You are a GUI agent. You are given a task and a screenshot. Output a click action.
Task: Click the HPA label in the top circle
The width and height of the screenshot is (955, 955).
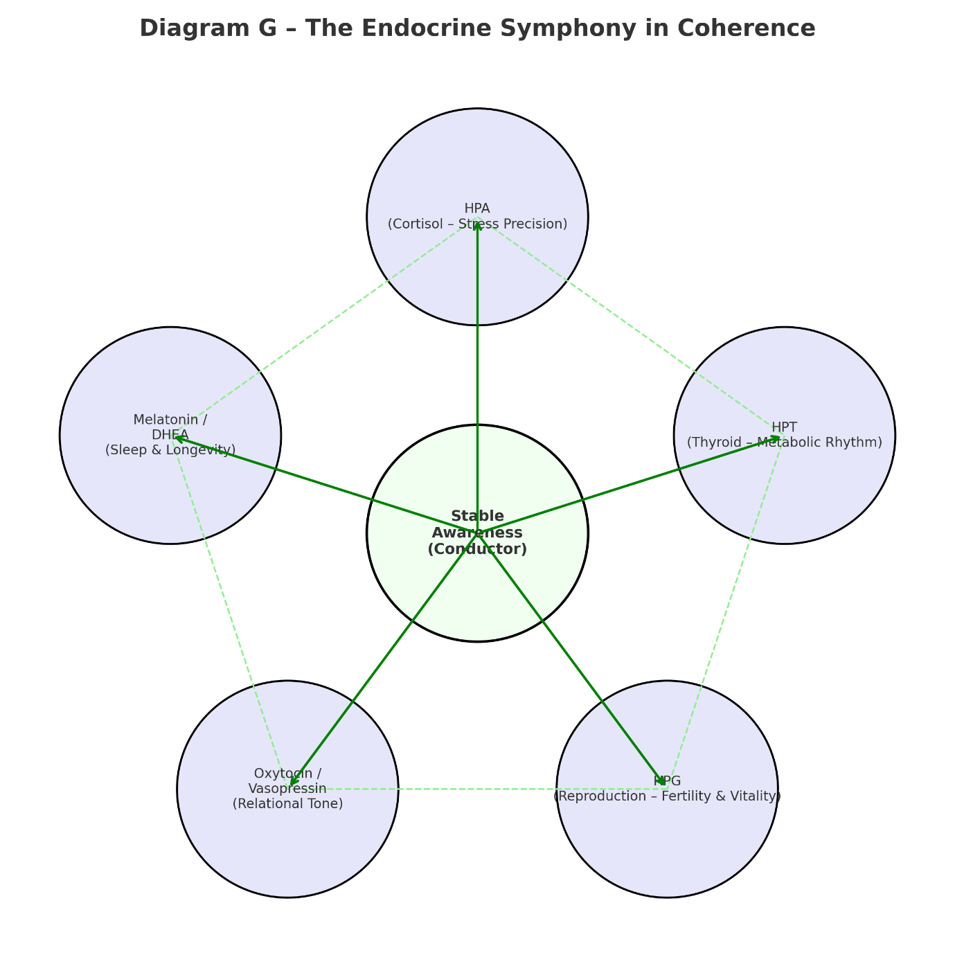point(477,208)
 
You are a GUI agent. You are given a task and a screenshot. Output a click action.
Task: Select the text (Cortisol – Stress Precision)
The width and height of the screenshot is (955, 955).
point(477,224)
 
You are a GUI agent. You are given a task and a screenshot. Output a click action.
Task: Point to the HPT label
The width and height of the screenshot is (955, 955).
point(784,427)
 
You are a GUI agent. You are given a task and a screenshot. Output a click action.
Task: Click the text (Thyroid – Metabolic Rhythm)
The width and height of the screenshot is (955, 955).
point(784,443)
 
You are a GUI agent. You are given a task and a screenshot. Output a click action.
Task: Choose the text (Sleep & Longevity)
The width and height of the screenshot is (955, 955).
point(170,450)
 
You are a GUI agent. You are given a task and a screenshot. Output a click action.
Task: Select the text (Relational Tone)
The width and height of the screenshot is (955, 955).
point(287,804)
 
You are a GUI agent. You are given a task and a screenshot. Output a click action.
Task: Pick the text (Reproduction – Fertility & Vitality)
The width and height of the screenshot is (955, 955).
point(667,796)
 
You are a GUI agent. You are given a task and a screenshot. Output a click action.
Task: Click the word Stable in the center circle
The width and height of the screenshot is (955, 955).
point(477,517)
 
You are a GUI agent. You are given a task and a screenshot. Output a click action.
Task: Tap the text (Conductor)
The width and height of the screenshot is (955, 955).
point(477,549)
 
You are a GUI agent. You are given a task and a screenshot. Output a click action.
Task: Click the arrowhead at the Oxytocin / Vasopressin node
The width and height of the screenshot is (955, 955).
point(293,782)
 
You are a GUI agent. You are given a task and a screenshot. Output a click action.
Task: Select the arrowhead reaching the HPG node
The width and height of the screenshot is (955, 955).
point(662,782)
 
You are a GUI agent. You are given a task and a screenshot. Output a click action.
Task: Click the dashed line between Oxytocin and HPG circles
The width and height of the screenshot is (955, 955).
point(478,789)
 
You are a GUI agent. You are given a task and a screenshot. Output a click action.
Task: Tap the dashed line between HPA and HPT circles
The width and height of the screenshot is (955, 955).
point(630,326)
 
